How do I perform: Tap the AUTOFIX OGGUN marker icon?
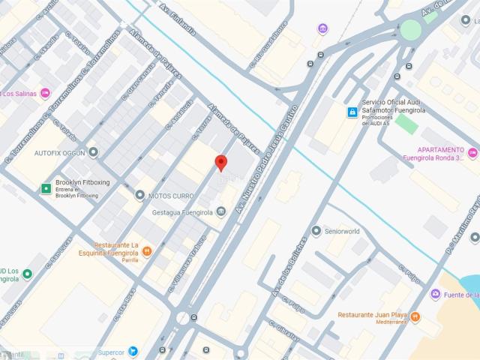[93, 152]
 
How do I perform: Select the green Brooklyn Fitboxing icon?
[46, 187]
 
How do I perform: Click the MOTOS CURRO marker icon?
[139, 195]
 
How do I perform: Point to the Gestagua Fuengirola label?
[180, 212]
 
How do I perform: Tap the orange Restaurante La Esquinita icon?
[147, 250]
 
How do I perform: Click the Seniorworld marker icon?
[316, 231]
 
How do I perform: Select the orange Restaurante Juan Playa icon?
[416, 317]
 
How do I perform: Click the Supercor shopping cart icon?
[133, 351]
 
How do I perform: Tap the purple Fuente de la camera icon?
[435, 295]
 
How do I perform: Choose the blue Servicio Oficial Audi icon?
[351, 112]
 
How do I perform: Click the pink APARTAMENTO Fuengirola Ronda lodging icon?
[472, 154]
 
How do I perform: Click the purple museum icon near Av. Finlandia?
[322, 29]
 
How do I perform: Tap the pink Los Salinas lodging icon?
[45, 94]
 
